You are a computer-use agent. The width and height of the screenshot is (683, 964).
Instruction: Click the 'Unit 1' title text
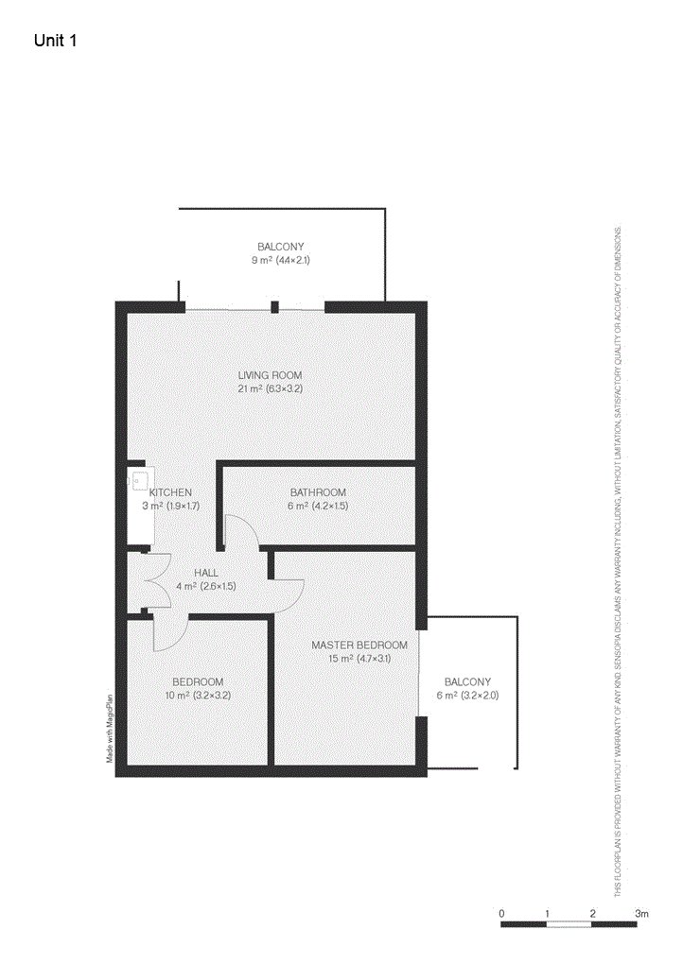pyautogui.click(x=55, y=41)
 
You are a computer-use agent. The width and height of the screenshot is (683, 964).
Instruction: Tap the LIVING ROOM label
pyautogui.click(x=270, y=375)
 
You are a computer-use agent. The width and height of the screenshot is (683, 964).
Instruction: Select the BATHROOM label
pyautogui.click(x=317, y=492)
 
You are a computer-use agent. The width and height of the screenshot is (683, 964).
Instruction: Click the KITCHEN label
pyautogui.click(x=170, y=492)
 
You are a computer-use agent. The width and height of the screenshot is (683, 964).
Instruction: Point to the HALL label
pyautogui.click(x=205, y=573)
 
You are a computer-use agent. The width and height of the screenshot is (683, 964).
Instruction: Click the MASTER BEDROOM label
pyautogui.click(x=359, y=645)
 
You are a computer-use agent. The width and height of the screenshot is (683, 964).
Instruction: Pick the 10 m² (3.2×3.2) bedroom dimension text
pyautogui.click(x=198, y=696)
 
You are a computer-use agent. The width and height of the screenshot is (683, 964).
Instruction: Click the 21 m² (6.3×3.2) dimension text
pyautogui.click(x=270, y=388)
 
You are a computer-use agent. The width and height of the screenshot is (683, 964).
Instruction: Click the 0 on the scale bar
pyautogui.click(x=501, y=913)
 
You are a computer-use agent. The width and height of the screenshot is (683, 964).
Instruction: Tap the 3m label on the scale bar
pyautogui.click(x=642, y=913)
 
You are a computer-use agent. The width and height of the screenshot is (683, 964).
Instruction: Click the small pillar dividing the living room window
pyautogui.click(x=274, y=306)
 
